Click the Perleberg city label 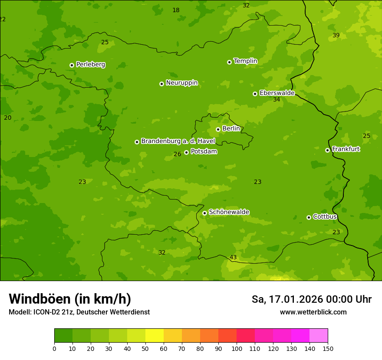[x=90, y=65]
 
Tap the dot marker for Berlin [x=218, y=129]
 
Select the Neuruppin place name [x=181, y=83]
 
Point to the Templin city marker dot [x=229, y=62]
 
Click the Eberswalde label [x=277, y=93]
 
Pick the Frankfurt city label [x=346, y=149]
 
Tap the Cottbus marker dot [x=309, y=217]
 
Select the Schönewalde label [x=229, y=212]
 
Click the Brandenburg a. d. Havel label [x=178, y=141]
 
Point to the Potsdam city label [x=204, y=152]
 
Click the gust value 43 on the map [x=233, y=258]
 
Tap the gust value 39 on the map [x=336, y=35]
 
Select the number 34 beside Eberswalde [x=277, y=100]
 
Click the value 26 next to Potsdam [x=177, y=154]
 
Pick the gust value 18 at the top [x=176, y=10]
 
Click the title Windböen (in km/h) [x=70, y=299]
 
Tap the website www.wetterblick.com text [x=313, y=312]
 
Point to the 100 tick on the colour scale [x=237, y=348]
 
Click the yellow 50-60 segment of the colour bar [x=155, y=336]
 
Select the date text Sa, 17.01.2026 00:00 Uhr [x=311, y=299]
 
